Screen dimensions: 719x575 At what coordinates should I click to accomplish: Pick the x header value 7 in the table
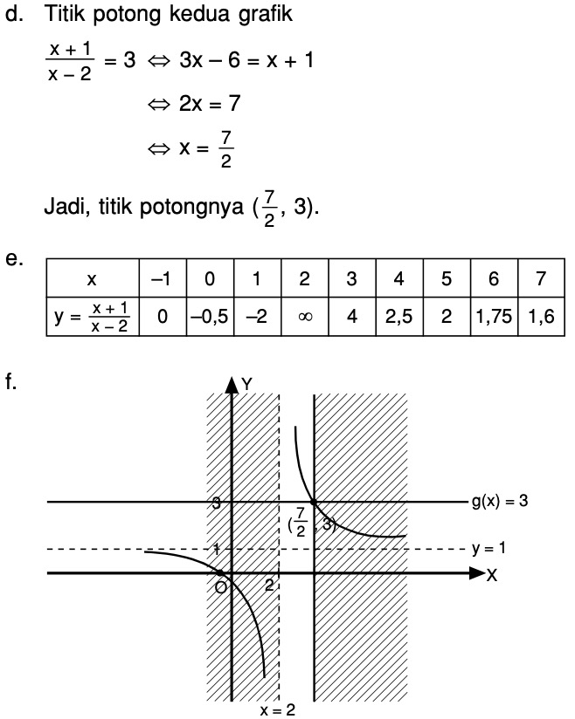(541, 279)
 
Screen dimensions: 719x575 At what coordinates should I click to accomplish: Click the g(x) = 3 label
(499, 502)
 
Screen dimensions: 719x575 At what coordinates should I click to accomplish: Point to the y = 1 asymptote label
(488, 549)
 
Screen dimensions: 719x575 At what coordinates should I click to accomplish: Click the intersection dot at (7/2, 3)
(313, 502)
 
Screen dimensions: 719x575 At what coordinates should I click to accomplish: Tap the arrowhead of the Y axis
(232, 384)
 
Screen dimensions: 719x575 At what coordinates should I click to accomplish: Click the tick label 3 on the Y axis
(215, 503)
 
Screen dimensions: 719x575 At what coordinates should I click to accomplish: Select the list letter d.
(11, 15)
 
